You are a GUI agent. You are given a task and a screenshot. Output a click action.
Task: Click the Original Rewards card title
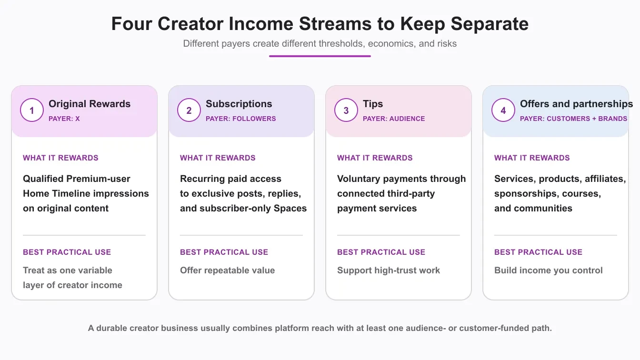[90, 104]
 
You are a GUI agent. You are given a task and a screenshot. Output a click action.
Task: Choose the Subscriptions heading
[239, 104]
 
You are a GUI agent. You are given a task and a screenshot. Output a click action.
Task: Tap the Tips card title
[373, 104]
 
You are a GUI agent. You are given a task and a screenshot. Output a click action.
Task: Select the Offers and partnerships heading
[576, 104]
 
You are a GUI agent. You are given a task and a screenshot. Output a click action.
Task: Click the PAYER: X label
[64, 119]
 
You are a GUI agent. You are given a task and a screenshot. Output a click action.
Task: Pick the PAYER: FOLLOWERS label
[241, 119]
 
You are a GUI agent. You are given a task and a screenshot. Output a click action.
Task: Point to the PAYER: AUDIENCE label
[394, 119]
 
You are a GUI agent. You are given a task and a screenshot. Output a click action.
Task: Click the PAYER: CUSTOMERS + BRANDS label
[573, 119]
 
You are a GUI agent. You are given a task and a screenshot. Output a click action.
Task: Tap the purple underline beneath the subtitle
[320, 56]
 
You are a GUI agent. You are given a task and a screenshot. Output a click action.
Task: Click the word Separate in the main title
[490, 24]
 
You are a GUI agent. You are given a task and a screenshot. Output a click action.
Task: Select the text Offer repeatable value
[228, 270]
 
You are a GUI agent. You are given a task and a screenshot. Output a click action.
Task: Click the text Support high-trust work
[389, 270]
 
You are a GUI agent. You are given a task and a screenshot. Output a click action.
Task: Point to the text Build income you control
[549, 270]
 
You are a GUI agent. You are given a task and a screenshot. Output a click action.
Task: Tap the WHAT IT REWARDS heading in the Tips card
[375, 158]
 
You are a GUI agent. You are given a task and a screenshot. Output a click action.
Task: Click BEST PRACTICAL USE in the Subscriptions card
[224, 252]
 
